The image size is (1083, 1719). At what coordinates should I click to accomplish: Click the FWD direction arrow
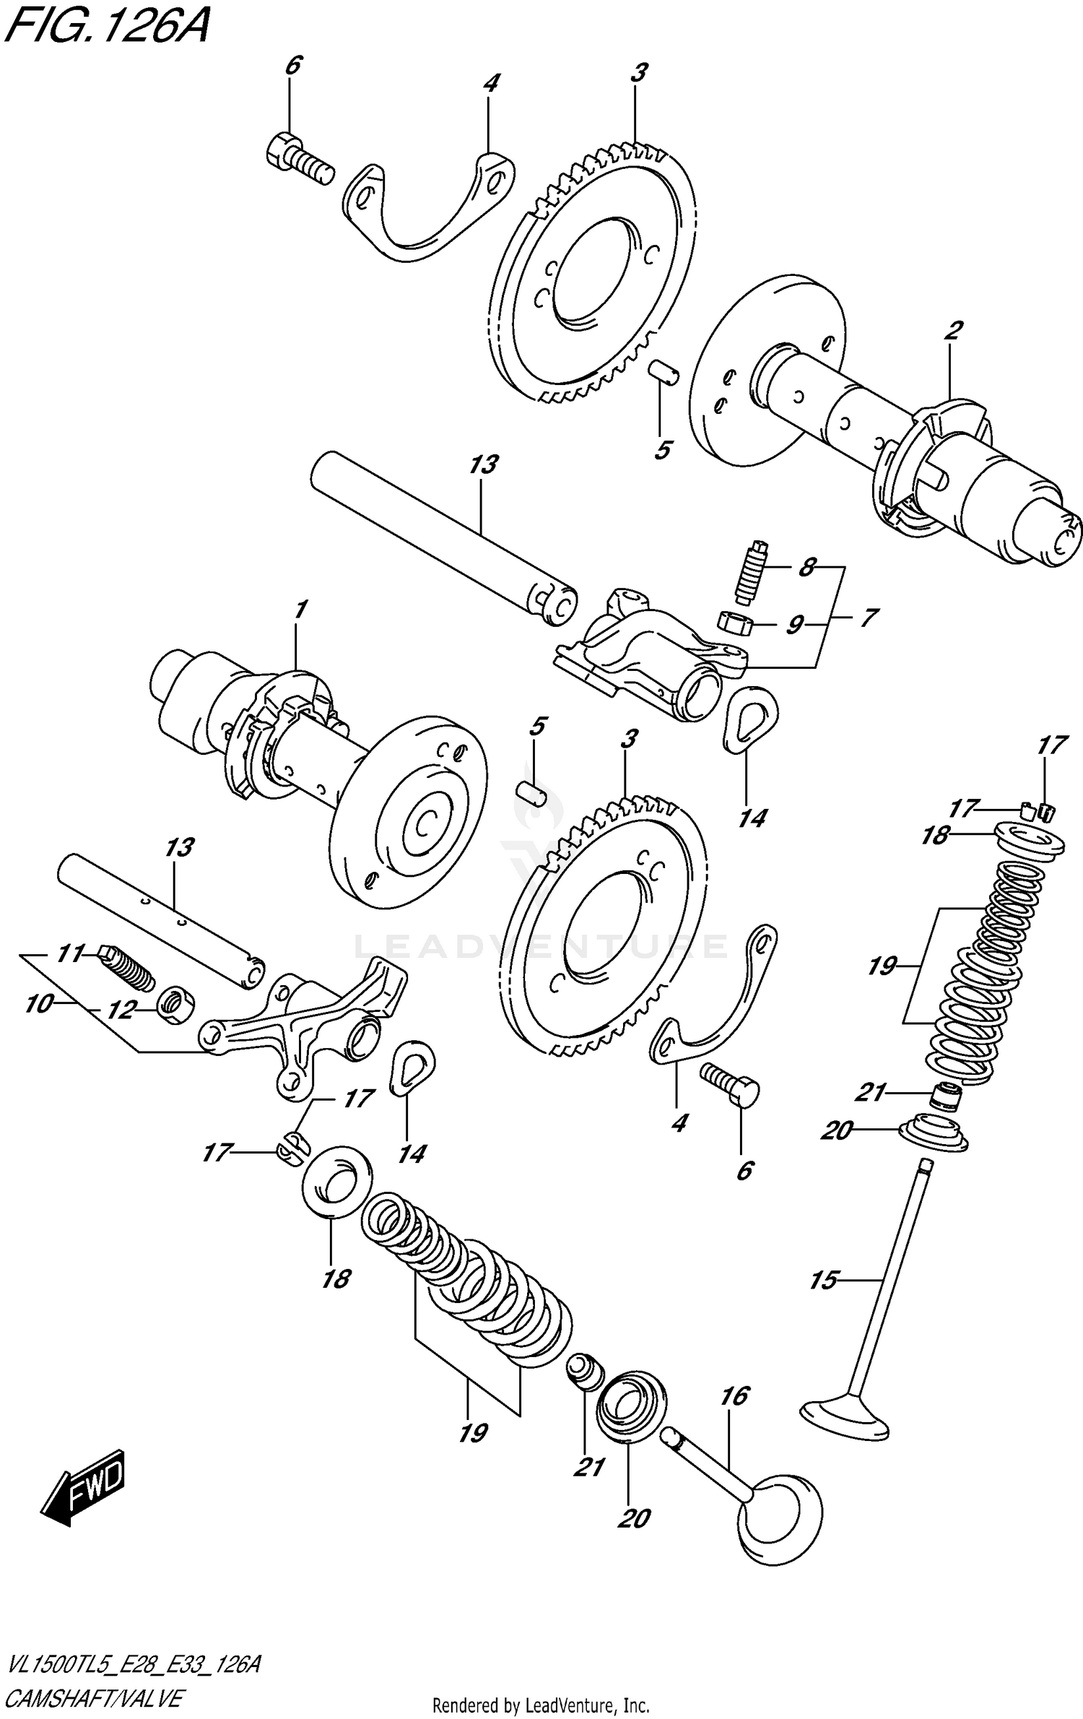pyautogui.click(x=84, y=1484)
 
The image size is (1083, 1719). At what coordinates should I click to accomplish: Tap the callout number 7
pyautogui.click(x=867, y=618)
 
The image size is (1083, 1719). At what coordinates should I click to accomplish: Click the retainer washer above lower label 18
pyautogui.click(x=336, y=1179)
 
